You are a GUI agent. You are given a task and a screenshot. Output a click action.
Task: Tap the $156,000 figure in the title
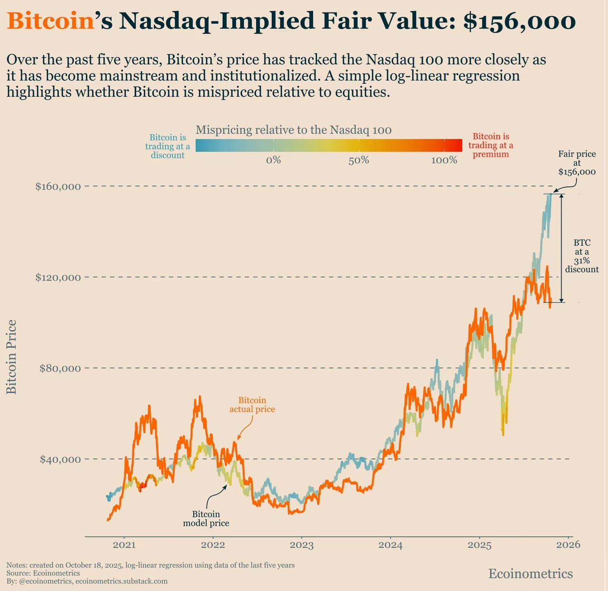tap(519, 21)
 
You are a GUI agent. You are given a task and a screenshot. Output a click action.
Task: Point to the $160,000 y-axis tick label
tap(58, 186)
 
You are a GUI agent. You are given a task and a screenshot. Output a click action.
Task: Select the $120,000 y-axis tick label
tap(58, 277)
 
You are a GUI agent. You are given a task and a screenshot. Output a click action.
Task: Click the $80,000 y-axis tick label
tap(60, 369)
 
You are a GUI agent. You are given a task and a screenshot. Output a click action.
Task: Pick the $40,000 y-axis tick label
tap(60, 460)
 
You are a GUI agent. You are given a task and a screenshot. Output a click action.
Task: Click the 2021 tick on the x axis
tap(124, 545)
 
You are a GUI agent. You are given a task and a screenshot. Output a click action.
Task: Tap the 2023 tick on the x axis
tap(302, 545)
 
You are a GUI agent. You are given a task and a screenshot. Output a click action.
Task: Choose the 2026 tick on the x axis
tap(569, 545)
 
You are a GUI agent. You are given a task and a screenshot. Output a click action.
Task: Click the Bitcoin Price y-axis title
tap(11, 357)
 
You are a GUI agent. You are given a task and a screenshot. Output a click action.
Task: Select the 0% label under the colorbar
tap(273, 160)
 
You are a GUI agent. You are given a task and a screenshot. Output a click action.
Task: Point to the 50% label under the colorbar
tap(359, 160)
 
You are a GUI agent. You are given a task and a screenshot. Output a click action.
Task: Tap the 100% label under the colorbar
tap(444, 160)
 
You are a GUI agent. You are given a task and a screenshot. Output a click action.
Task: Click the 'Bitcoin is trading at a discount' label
tap(168, 146)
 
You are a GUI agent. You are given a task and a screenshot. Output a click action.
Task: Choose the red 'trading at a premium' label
tap(491, 145)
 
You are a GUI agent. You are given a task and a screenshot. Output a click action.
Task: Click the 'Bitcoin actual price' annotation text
tap(252, 405)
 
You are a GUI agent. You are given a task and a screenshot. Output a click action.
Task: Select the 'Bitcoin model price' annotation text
tap(206, 518)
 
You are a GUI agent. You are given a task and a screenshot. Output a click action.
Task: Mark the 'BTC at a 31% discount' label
tap(582, 256)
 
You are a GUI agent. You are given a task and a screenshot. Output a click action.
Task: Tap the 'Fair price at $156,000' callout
tap(577, 163)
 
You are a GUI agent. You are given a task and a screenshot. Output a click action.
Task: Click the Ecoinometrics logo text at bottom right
tap(531, 574)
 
